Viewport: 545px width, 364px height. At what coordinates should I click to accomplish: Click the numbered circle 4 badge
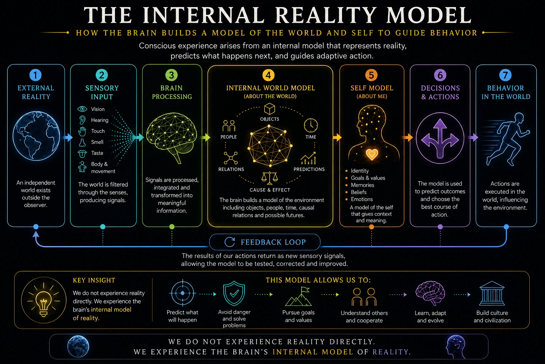click(268, 75)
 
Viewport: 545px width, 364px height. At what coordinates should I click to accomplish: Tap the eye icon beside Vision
click(82, 109)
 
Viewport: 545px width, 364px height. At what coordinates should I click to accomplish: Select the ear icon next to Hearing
click(82, 120)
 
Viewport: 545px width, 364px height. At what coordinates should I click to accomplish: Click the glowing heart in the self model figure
click(372, 154)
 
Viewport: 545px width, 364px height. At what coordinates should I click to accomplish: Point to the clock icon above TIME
click(311, 125)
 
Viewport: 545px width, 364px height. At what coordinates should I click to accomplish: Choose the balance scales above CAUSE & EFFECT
click(269, 178)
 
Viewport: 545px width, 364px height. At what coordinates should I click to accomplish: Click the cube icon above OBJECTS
click(270, 109)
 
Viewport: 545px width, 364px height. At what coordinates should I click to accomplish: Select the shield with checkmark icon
click(234, 293)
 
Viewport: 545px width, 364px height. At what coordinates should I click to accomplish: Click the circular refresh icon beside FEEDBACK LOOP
click(230, 242)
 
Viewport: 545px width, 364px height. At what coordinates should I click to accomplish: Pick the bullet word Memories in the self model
click(363, 185)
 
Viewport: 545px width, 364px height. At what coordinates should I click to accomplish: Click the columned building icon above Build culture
click(492, 293)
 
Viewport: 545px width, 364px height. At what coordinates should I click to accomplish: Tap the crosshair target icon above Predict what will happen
click(183, 293)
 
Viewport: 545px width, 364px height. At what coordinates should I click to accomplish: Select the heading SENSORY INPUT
click(102, 92)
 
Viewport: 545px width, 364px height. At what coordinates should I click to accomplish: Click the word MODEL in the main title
click(429, 15)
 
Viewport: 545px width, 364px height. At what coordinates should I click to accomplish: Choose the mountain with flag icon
click(298, 296)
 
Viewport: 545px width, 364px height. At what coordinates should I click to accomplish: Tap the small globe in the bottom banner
click(78, 347)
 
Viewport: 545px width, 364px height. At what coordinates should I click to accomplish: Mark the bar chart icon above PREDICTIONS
click(308, 158)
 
